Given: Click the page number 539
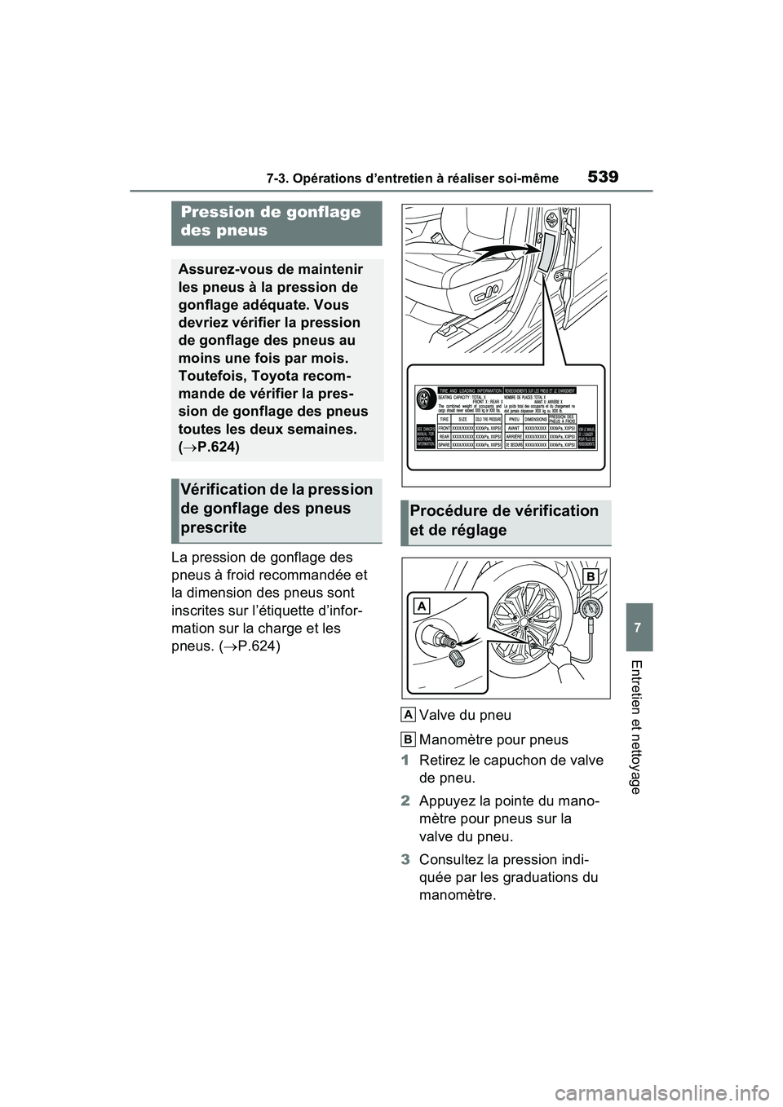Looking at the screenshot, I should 604,175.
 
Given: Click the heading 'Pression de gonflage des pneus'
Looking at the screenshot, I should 271,222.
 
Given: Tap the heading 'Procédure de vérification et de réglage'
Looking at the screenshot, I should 506,520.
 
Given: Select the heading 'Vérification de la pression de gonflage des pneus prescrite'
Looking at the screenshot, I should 276,508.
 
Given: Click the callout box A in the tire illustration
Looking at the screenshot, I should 422,606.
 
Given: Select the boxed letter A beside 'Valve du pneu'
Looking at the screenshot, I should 408,715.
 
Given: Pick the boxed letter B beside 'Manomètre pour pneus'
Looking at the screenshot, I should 408,739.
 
